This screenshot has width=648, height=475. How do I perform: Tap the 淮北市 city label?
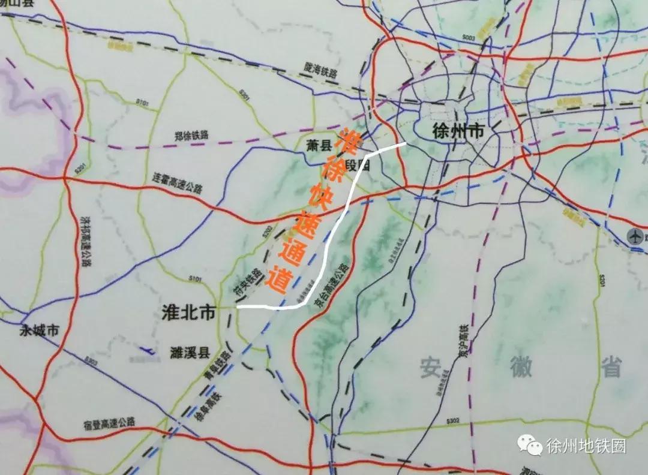coord(188,312)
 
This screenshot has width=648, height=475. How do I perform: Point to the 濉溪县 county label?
coord(187,351)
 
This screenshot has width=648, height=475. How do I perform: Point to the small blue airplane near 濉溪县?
coord(146,350)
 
